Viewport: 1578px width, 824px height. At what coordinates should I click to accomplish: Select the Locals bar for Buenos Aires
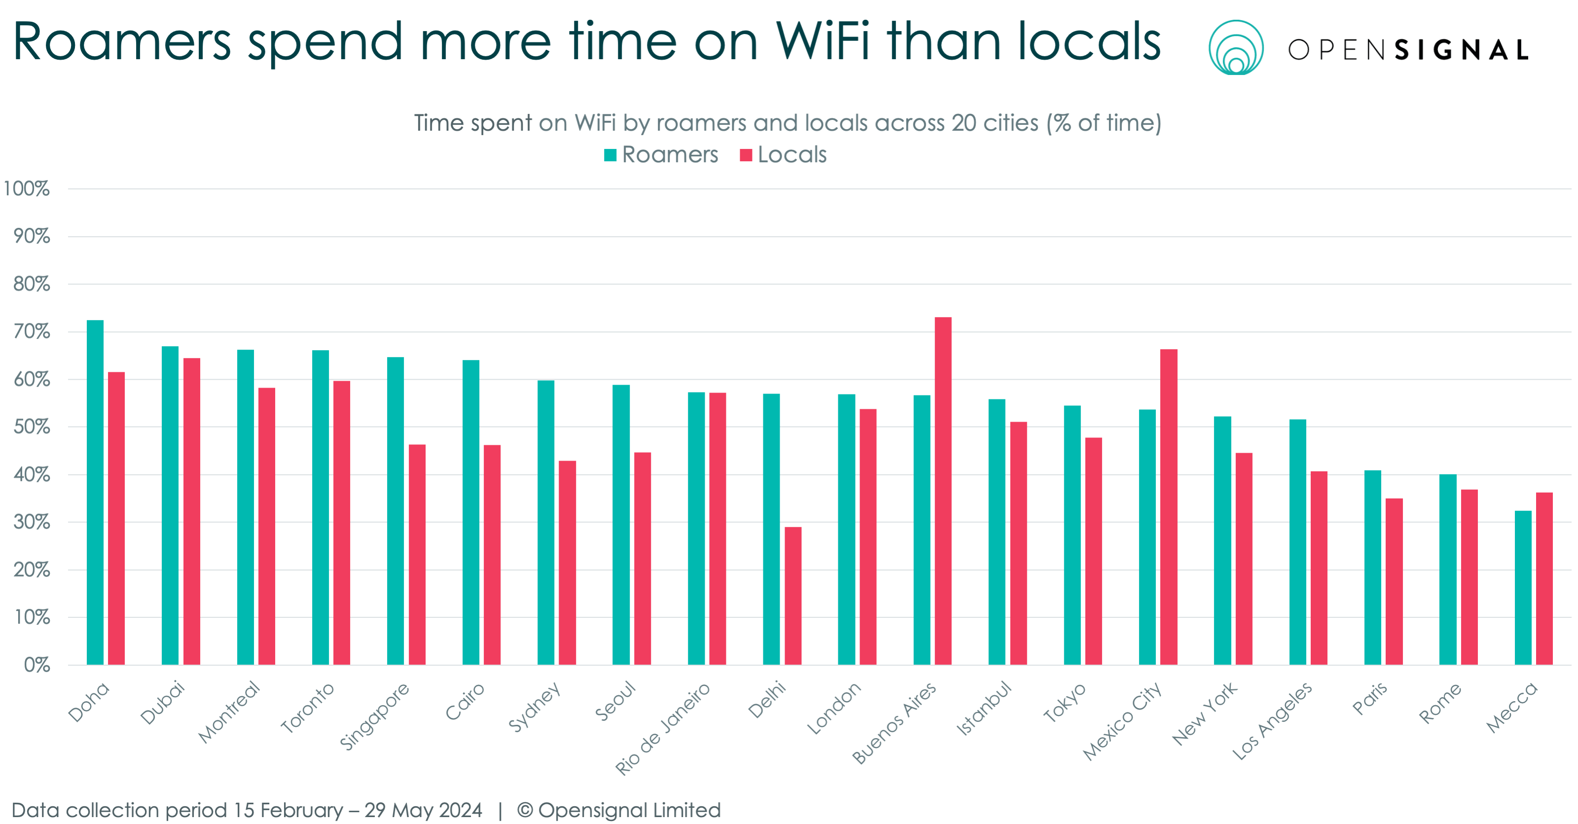click(x=943, y=491)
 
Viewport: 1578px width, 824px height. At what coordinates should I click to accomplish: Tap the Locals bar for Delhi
click(x=792, y=596)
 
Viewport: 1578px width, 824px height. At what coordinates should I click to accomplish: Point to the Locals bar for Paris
click(x=1394, y=581)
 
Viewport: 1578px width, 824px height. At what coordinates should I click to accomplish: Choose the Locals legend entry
click(x=784, y=155)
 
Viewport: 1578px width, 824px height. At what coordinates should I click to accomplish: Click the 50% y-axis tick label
click(x=31, y=427)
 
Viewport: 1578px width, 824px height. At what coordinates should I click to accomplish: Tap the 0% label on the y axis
click(x=37, y=665)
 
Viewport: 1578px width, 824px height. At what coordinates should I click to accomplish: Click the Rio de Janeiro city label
click(x=662, y=729)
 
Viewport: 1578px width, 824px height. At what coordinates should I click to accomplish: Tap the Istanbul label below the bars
click(x=984, y=708)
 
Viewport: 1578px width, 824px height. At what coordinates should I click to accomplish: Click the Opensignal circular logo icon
click(x=1236, y=48)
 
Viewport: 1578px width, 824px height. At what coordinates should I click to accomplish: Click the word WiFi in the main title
click(x=822, y=41)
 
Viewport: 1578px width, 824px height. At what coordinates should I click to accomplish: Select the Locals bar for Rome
click(x=1469, y=576)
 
